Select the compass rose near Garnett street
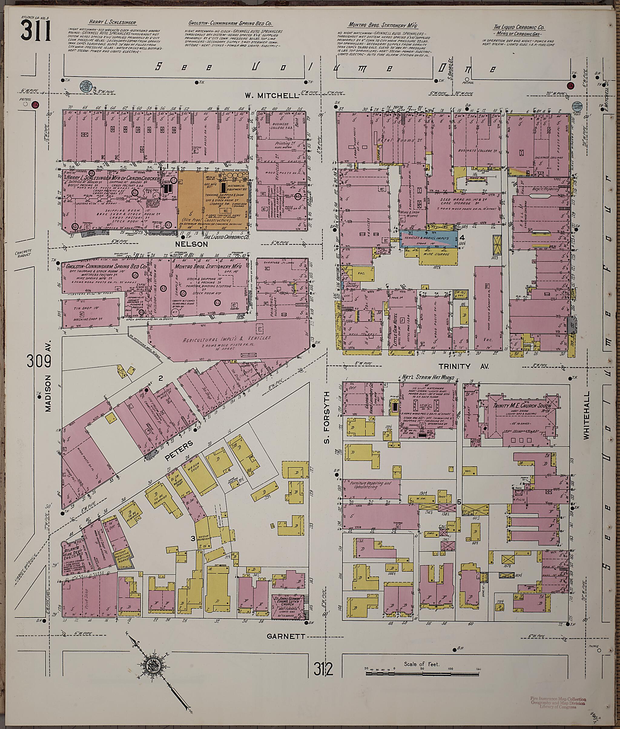click(x=154, y=665)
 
